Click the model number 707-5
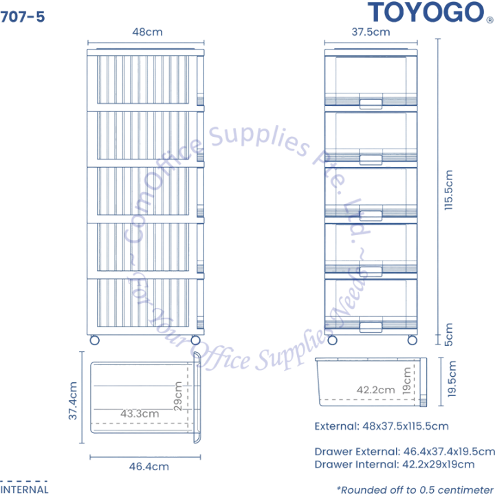(x=23, y=16)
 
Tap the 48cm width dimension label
(x=147, y=32)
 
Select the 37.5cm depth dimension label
(x=371, y=32)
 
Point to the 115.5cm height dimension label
(x=448, y=190)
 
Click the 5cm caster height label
(x=448, y=334)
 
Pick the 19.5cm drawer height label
(x=452, y=379)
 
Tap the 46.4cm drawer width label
(x=149, y=466)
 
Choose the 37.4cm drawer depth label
(x=73, y=401)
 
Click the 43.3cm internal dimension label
(x=140, y=414)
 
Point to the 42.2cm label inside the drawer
(x=375, y=390)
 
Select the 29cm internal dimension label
(x=178, y=396)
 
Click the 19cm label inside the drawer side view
(x=407, y=380)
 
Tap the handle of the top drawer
(x=371, y=104)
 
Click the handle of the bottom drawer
(x=371, y=327)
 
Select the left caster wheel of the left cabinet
(x=95, y=340)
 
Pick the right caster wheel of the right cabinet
(x=412, y=340)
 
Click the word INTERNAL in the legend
(x=24, y=489)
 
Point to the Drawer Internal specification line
(x=395, y=464)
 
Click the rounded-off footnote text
(x=415, y=489)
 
